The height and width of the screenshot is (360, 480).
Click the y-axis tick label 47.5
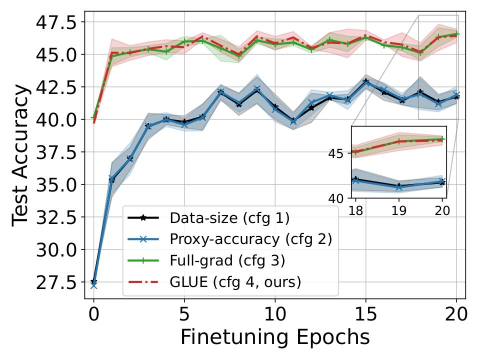tap(56, 22)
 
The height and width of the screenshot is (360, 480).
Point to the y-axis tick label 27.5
tap(56, 282)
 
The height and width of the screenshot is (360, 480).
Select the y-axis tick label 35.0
tap(56, 185)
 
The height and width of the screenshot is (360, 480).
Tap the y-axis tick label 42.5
tap(56, 87)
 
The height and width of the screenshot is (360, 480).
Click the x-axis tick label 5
tap(184, 314)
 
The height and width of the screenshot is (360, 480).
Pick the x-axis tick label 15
tap(365, 314)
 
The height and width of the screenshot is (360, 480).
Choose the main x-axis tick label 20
tap(456, 314)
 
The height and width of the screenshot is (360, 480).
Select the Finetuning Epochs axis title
tap(275, 337)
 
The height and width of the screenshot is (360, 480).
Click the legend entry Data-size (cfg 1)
tap(229, 218)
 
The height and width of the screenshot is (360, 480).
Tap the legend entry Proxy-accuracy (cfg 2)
tap(250, 239)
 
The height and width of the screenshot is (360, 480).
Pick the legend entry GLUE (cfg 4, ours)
tap(235, 282)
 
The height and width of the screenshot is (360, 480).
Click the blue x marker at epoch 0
tap(93, 285)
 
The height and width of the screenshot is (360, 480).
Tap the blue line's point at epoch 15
tap(365, 83)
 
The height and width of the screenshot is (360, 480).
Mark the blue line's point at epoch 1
tap(111, 178)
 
